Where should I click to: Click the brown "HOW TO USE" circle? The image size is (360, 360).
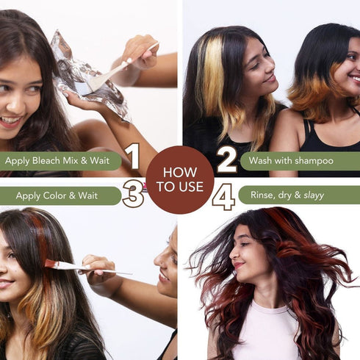pyautogui.click(x=180, y=180)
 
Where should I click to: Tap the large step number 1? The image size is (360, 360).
pyautogui.click(x=132, y=156)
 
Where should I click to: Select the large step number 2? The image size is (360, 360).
pyautogui.click(x=226, y=159)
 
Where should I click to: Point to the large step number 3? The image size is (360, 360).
pyautogui.click(x=133, y=195)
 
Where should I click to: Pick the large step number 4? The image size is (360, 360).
pyautogui.click(x=223, y=196)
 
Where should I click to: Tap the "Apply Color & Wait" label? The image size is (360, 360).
pyautogui.click(x=57, y=196)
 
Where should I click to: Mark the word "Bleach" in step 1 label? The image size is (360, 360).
pyautogui.click(x=55, y=161)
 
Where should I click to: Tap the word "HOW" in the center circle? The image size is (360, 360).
pyautogui.click(x=180, y=173)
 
